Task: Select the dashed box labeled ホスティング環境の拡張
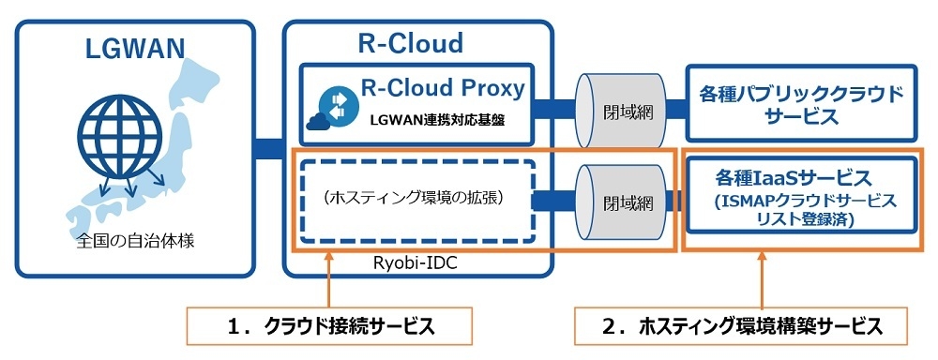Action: [412, 199]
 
